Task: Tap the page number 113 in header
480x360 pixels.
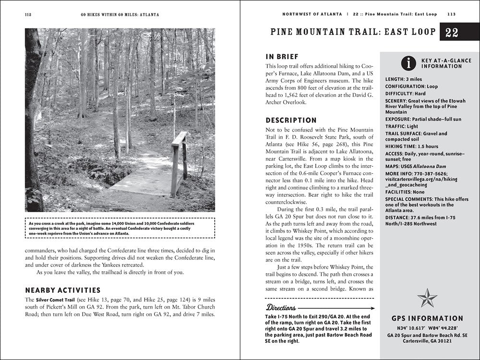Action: point(452,14)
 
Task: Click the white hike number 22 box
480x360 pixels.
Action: point(452,33)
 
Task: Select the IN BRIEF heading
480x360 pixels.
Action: point(282,56)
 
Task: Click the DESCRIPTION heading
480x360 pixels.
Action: point(291,120)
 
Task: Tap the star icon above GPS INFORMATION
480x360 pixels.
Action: point(427,298)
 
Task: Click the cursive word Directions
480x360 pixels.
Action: point(284,307)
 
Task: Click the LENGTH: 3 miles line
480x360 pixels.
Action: point(404,79)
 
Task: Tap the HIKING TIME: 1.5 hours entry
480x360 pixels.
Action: point(412,146)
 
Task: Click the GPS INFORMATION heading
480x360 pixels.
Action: point(427,318)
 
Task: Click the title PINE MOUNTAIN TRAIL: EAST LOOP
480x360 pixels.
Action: point(352,33)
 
